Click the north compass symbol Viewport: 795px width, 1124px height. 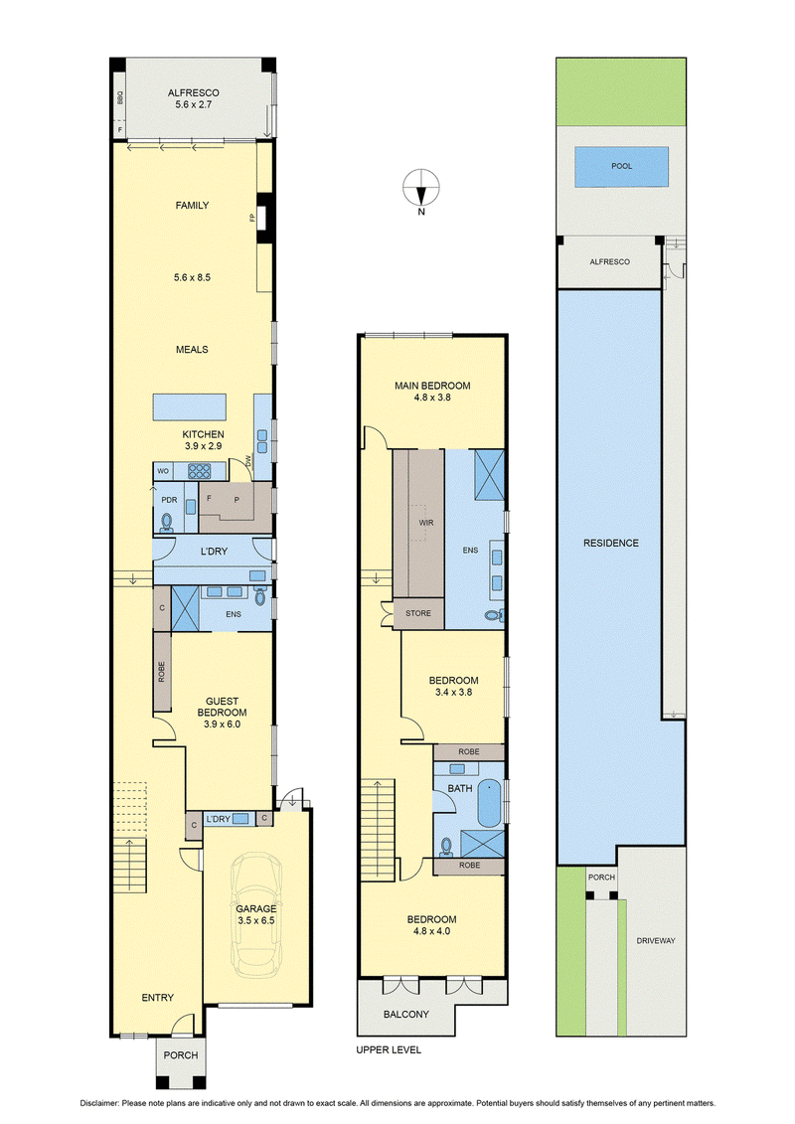(x=420, y=189)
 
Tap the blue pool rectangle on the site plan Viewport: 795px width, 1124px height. (x=621, y=167)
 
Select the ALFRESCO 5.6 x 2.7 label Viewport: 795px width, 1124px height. (x=194, y=98)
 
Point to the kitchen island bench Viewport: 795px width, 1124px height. (x=189, y=406)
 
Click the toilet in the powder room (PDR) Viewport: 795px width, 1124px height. (x=167, y=521)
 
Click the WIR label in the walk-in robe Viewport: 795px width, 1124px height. (x=425, y=523)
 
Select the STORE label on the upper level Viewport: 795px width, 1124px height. (x=418, y=613)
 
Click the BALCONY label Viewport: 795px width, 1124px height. (x=405, y=1015)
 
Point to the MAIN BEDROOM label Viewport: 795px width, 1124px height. (x=432, y=386)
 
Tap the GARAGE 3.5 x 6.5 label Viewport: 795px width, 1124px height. (x=256, y=914)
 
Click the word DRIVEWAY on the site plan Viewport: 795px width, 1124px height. (x=656, y=940)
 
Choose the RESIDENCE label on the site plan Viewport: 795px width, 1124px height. (x=611, y=544)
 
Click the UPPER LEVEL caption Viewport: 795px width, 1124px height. (x=389, y=1049)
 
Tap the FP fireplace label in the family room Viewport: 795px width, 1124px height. (x=252, y=218)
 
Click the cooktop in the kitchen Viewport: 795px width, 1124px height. (x=200, y=471)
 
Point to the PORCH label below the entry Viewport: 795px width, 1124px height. (x=181, y=1055)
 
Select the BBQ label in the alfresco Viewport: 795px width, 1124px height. (x=119, y=97)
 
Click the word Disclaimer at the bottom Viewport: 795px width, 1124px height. (x=99, y=1103)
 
